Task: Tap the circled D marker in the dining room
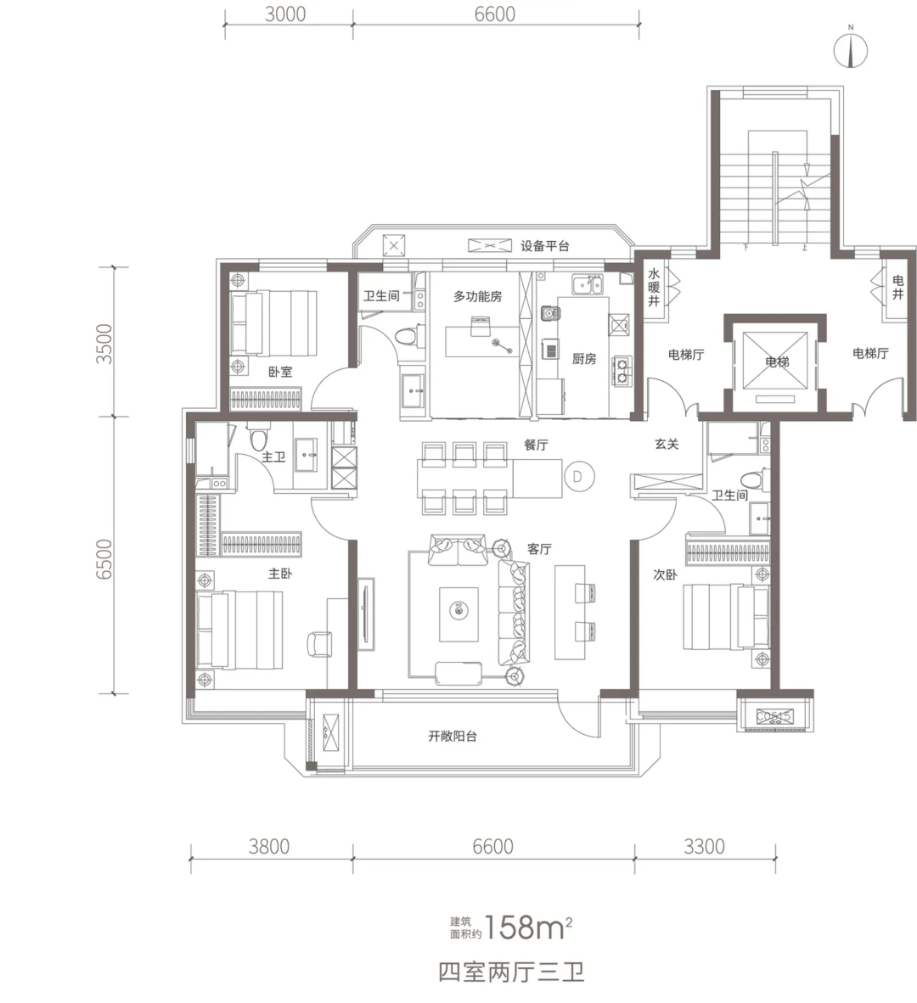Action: [578, 477]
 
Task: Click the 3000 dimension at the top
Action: [285, 14]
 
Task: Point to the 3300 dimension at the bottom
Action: [704, 846]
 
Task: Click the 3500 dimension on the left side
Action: [104, 345]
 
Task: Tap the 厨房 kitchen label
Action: [583, 359]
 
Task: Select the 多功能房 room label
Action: [477, 296]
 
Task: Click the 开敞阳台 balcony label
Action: [453, 736]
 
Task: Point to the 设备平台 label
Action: [544, 245]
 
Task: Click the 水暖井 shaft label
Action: [653, 287]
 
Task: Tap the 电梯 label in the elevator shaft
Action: [778, 362]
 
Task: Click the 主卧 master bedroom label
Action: [280, 573]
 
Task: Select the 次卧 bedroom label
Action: [665, 574]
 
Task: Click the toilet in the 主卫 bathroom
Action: [257, 437]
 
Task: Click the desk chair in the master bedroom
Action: [319, 643]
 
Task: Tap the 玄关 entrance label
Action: [667, 443]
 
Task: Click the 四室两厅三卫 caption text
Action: [511, 973]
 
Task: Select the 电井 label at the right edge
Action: [897, 287]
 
